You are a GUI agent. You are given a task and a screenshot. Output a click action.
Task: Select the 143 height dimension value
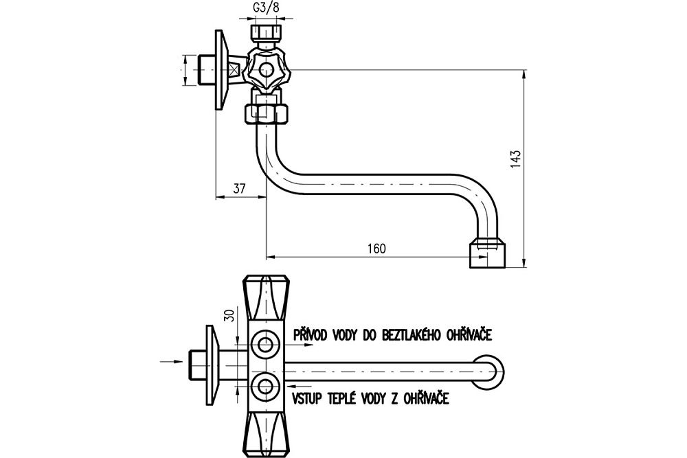pyautogui.click(x=517, y=159)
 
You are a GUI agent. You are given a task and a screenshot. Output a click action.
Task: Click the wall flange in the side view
pyautogui.click(x=218, y=69)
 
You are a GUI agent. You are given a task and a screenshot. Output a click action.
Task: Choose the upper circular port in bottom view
pyautogui.click(x=264, y=343)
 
